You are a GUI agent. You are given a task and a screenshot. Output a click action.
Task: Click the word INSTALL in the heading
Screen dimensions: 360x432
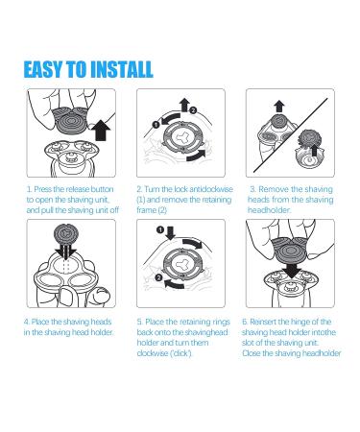pyautogui.click(x=121, y=69)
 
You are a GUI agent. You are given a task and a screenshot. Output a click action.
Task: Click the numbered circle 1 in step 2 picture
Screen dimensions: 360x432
pyautogui.click(x=156, y=125)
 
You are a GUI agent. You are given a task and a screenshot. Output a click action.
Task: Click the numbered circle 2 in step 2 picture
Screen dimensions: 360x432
pyautogui.click(x=193, y=110)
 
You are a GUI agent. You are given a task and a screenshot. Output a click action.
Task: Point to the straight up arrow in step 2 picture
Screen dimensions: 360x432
pyautogui.click(x=184, y=105)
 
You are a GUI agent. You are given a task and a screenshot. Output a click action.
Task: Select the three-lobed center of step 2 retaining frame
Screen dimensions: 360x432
pyautogui.click(x=180, y=137)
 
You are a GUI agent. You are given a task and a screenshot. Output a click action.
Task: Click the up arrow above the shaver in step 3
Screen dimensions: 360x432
pyautogui.click(x=279, y=106)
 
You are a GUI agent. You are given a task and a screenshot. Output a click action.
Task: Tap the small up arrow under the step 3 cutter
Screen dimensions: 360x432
pyautogui.click(x=315, y=150)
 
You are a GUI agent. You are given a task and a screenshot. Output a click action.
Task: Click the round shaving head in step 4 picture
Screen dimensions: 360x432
pyautogui.click(x=65, y=232)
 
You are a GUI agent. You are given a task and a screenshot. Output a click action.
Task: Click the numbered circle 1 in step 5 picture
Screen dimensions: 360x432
pyautogui.click(x=160, y=229)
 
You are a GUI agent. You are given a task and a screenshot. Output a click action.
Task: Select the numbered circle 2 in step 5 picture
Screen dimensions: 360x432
pyautogui.click(x=159, y=277)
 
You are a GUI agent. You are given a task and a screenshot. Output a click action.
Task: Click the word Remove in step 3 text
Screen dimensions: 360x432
pyautogui.click(x=271, y=189)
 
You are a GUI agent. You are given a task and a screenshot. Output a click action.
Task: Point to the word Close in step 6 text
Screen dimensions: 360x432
pyautogui.click(x=252, y=353)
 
